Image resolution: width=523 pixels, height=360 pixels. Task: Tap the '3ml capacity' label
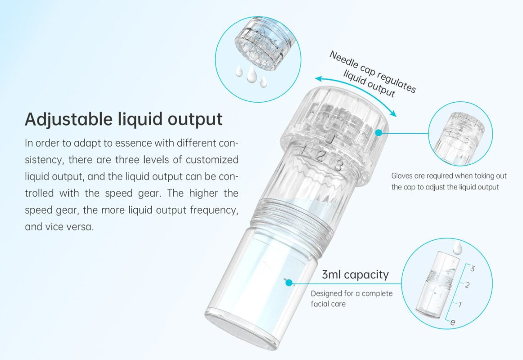click(x=355, y=274)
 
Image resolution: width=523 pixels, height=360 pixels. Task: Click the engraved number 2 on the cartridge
click(x=320, y=157)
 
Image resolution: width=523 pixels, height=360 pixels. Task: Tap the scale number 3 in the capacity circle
click(x=472, y=269)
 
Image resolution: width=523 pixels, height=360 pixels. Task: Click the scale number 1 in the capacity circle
click(x=460, y=304)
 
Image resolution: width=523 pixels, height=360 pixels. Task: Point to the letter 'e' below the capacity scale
click(x=452, y=322)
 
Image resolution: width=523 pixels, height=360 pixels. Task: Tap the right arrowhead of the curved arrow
click(x=394, y=114)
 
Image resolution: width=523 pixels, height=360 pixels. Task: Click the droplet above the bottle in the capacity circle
click(x=458, y=247)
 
